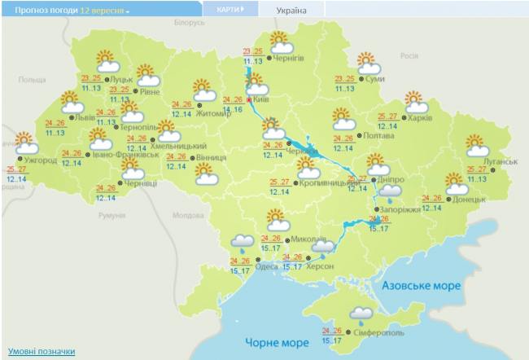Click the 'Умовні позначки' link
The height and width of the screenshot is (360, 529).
click(42, 351)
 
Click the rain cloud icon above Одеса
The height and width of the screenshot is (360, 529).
click(242, 242)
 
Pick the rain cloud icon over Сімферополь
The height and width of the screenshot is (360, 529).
click(361, 314)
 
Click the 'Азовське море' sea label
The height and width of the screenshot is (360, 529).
click(421, 286)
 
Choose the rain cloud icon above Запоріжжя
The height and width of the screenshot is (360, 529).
click(391, 193)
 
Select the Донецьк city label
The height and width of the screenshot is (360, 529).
click(469, 198)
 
